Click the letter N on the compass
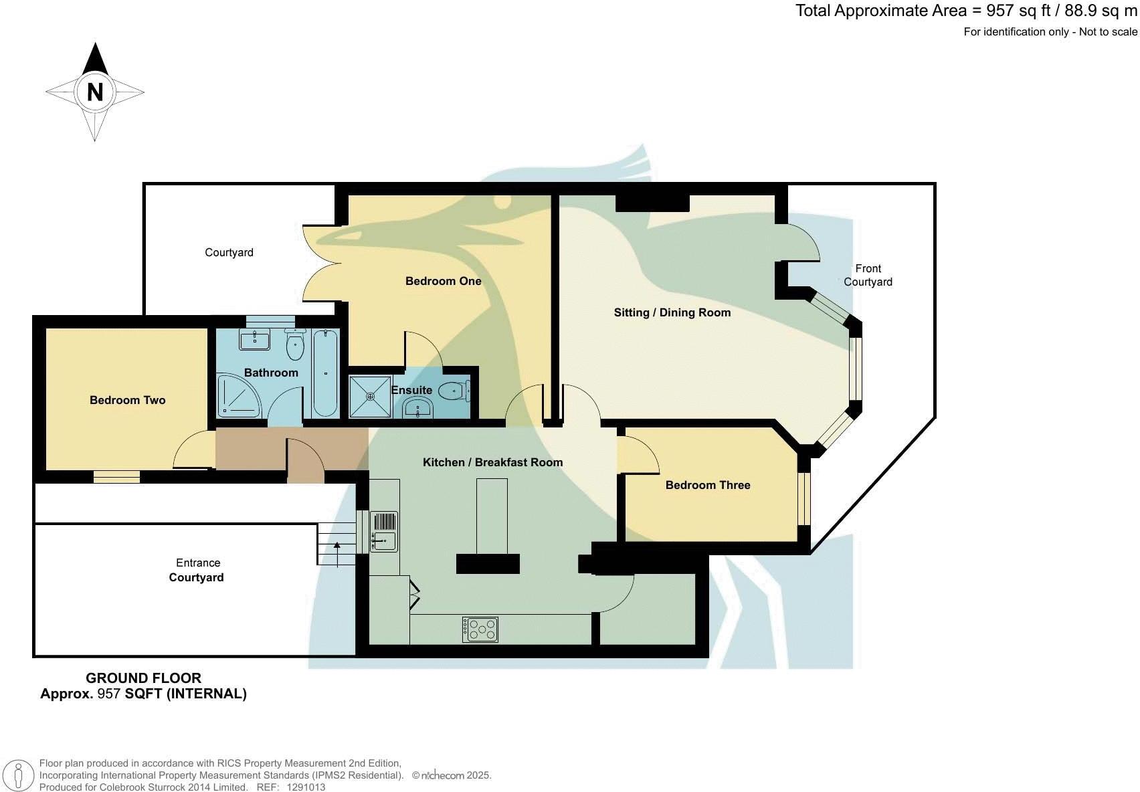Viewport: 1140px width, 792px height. coord(95,92)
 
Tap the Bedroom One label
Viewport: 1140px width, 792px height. coord(443,281)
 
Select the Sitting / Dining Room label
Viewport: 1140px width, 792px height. coord(672,312)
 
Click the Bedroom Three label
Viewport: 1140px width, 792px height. coord(707,485)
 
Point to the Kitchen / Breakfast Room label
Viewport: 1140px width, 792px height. coord(492,462)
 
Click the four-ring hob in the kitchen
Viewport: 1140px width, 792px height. coord(480,629)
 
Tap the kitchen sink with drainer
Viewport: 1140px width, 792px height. coord(383,532)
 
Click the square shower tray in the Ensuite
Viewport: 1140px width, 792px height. coord(369,397)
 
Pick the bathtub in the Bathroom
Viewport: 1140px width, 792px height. coord(325,373)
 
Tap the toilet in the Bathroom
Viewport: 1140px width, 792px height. coord(295,344)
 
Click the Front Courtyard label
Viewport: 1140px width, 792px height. coord(868,275)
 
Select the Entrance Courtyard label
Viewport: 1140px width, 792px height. coord(197,570)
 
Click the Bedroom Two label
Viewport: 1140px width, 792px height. coord(127,400)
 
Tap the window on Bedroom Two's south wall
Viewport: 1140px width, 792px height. coord(116,476)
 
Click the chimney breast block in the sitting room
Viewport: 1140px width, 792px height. coord(652,203)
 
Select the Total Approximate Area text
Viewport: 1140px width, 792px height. coord(965,11)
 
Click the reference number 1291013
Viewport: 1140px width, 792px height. coord(306,787)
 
